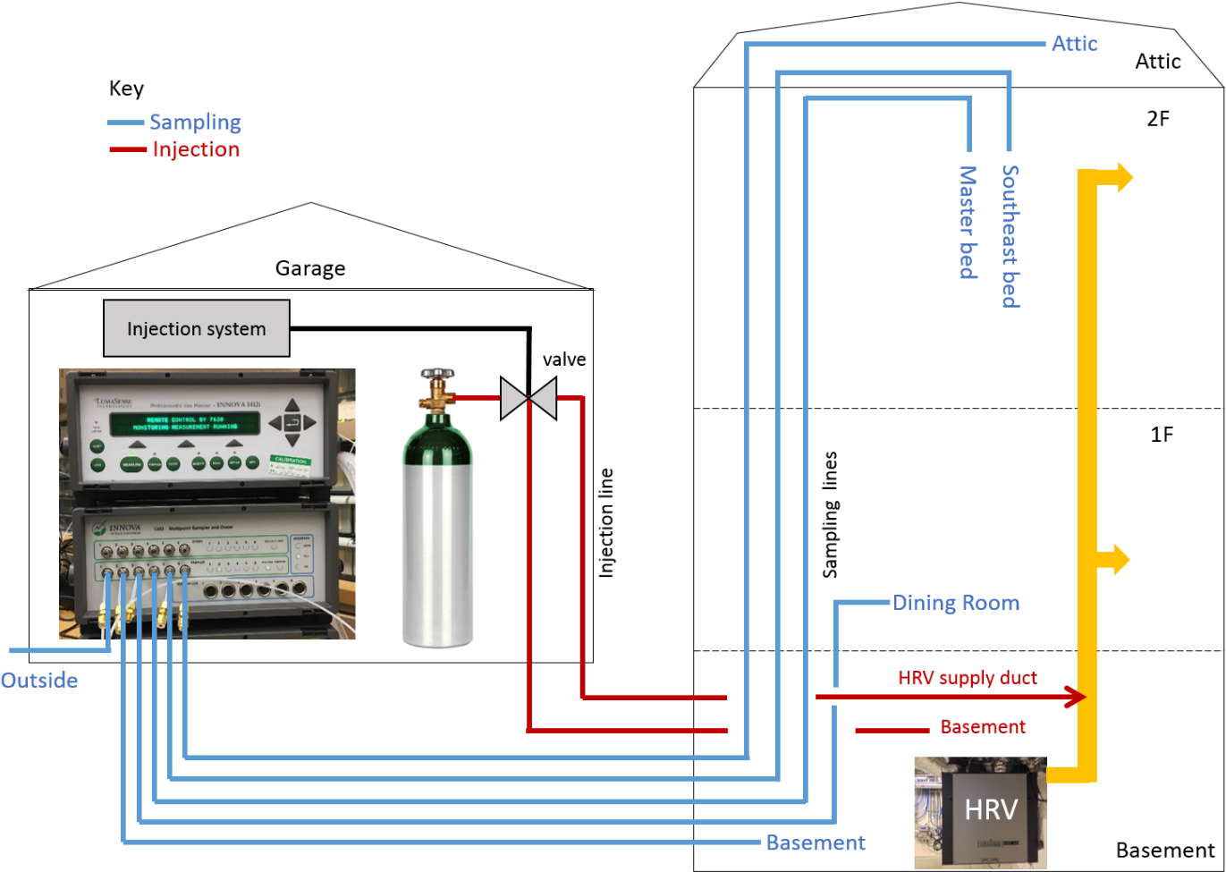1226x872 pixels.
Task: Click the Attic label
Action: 1074,44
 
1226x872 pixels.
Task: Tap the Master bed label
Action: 968,222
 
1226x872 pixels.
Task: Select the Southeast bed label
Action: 1010,236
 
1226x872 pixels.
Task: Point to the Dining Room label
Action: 956,603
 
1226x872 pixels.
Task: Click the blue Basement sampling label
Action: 816,842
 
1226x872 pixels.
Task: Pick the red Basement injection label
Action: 983,727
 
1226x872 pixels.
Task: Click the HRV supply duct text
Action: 967,678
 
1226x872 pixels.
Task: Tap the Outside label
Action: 39,681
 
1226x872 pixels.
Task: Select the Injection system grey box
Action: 197,328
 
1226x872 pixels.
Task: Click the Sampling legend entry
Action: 195,123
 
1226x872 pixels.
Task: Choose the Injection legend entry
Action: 196,149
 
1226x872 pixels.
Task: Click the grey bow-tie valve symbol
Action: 528,398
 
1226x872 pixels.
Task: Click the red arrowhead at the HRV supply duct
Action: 1075,697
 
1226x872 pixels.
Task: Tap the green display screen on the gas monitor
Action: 184,423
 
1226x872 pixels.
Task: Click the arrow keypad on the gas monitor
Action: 292,423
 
